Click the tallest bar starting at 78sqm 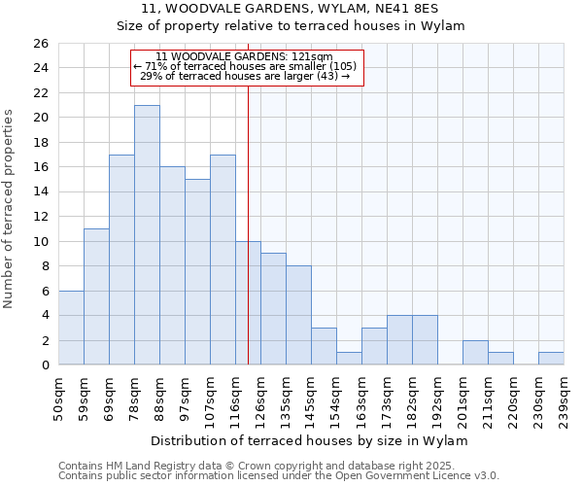pyautogui.click(x=147, y=235)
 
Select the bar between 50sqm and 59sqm pyautogui.click(x=71, y=328)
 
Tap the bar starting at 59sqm pyautogui.click(x=96, y=296)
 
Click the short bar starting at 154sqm pyautogui.click(x=349, y=359)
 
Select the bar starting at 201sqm pyautogui.click(x=475, y=353)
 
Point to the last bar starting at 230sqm pyautogui.click(x=551, y=359)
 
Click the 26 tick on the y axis pyautogui.click(x=40, y=44)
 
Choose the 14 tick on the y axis pyautogui.click(x=40, y=192)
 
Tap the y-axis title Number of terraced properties pyautogui.click(x=9, y=209)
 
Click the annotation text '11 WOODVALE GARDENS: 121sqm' pyautogui.click(x=246, y=56)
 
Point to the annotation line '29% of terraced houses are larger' pyautogui.click(x=246, y=76)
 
